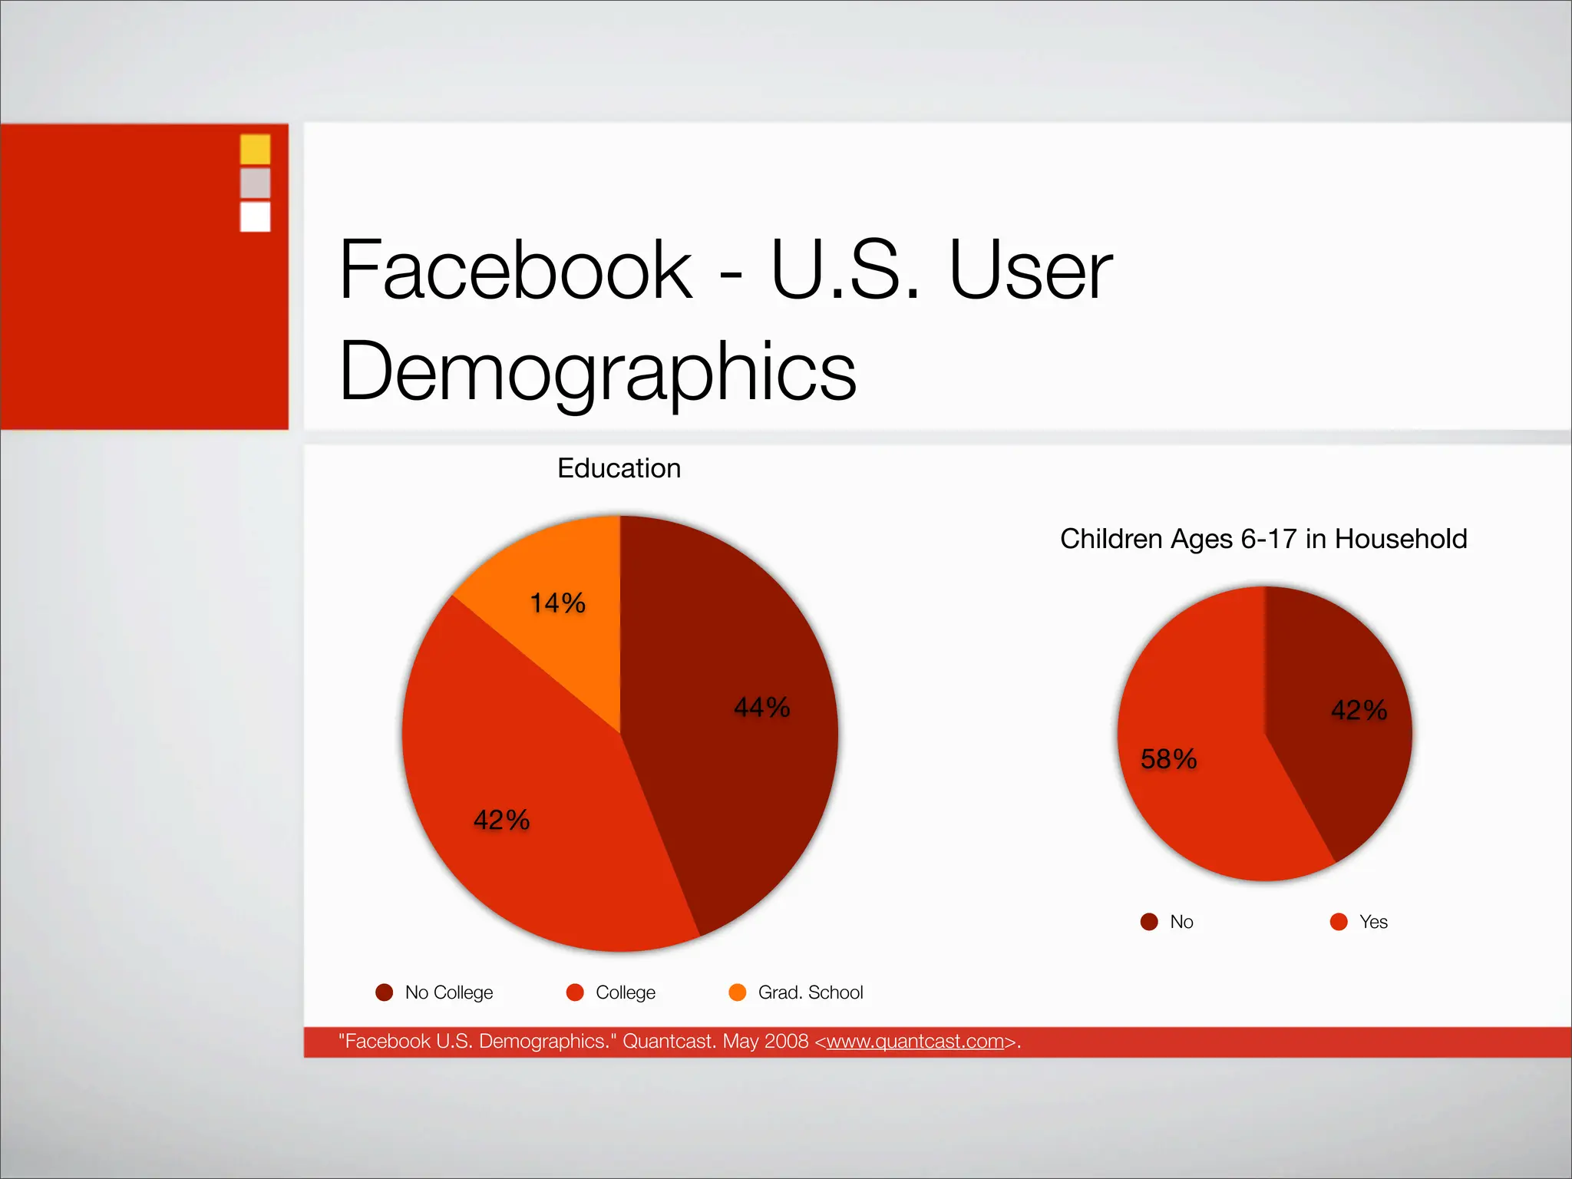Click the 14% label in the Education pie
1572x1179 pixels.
[558, 603]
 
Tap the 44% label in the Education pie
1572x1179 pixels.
[761, 707]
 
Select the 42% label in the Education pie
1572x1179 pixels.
[501, 820]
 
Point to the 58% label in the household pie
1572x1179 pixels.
[1168, 759]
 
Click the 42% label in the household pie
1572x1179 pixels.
[1359, 710]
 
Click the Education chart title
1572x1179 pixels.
[619, 468]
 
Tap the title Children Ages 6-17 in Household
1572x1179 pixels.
[1263, 539]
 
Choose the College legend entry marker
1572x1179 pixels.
[575, 992]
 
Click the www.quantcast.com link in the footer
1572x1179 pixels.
[915, 1042]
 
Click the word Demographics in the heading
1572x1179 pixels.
[597, 371]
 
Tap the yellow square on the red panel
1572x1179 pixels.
[255, 149]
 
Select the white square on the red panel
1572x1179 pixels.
[255, 216]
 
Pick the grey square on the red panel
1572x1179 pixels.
[255, 183]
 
